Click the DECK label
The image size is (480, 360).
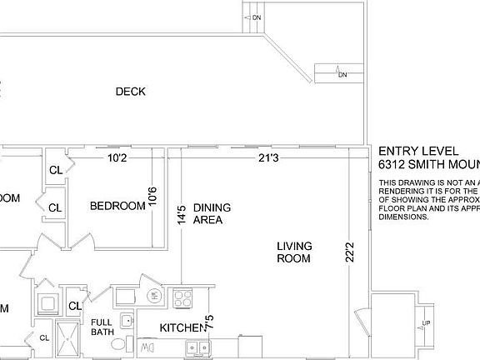(131, 92)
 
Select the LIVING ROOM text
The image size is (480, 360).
(294, 252)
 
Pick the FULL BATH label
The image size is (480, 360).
(102, 327)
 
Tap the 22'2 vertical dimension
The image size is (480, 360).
(350, 252)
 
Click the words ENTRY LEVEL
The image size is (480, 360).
(417, 151)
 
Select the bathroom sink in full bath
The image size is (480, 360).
(127, 320)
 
